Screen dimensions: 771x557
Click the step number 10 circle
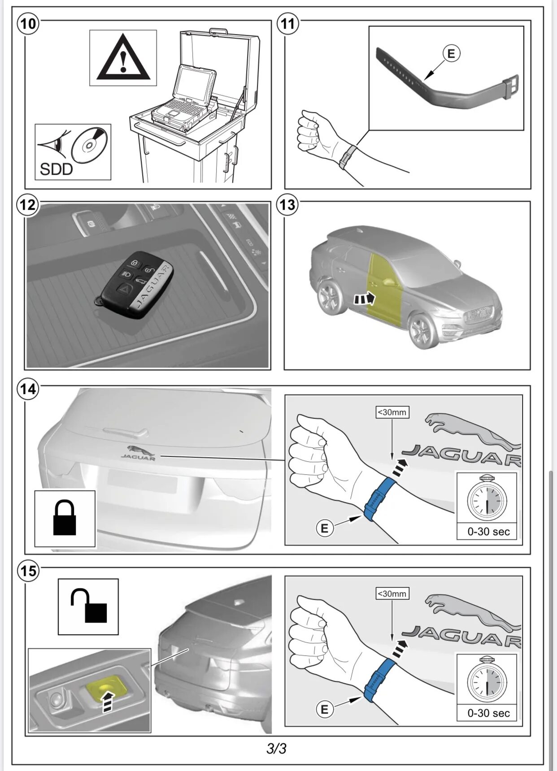point(28,23)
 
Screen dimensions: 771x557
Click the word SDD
point(56,169)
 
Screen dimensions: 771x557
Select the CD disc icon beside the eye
point(90,146)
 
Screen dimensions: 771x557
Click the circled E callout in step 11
point(451,54)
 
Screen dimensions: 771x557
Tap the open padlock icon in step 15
point(89,606)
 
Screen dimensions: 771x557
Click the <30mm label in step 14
point(392,412)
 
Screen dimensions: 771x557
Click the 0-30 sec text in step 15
point(488,713)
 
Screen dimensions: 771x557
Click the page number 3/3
point(276,749)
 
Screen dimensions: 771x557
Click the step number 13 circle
point(287,205)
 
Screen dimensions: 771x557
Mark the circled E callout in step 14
point(324,528)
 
